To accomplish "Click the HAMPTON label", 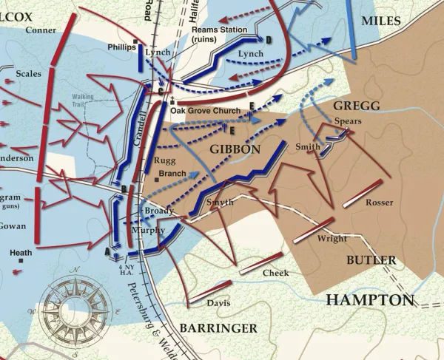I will click(369, 299).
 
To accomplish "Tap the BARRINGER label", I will click(218, 327).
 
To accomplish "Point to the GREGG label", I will click(356, 106).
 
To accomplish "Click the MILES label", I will click(380, 21).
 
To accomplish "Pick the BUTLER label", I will click(371, 260).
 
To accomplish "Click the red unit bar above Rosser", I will click(363, 193).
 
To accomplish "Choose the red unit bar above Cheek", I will click(258, 264).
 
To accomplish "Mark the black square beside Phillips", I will click(134, 42).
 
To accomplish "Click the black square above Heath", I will click(21, 261).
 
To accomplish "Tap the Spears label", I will click(348, 120).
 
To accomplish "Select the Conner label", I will click(40, 30).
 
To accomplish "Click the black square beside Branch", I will click(156, 179).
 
